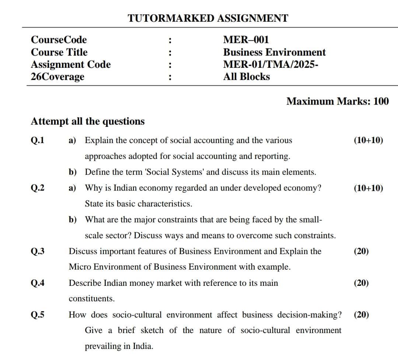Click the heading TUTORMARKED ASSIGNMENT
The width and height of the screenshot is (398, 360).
click(208, 18)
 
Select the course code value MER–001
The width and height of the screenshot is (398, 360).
click(246, 40)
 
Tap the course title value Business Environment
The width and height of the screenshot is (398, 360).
click(274, 52)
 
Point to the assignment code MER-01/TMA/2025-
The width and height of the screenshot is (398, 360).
click(271, 65)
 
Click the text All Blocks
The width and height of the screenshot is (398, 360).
click(246, 77)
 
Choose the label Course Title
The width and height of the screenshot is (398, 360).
click(59, 52)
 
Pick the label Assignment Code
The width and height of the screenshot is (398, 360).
click(71, 65)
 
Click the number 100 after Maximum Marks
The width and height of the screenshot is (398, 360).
click(381, 101)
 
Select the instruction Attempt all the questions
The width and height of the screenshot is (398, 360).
click(88, 121)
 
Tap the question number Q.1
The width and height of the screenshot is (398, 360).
click(38, 141)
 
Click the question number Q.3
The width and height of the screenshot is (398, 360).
click(38, 252)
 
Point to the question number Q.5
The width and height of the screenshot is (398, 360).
click(38, 315)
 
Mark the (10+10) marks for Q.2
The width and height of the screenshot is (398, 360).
click(368, 188)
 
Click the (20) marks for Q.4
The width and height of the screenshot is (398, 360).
click(361, 283)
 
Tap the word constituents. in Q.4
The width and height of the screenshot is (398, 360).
click(92, 299)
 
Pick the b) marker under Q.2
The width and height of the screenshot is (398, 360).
click(73, 220)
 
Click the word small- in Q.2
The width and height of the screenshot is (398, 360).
click(311, 220)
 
